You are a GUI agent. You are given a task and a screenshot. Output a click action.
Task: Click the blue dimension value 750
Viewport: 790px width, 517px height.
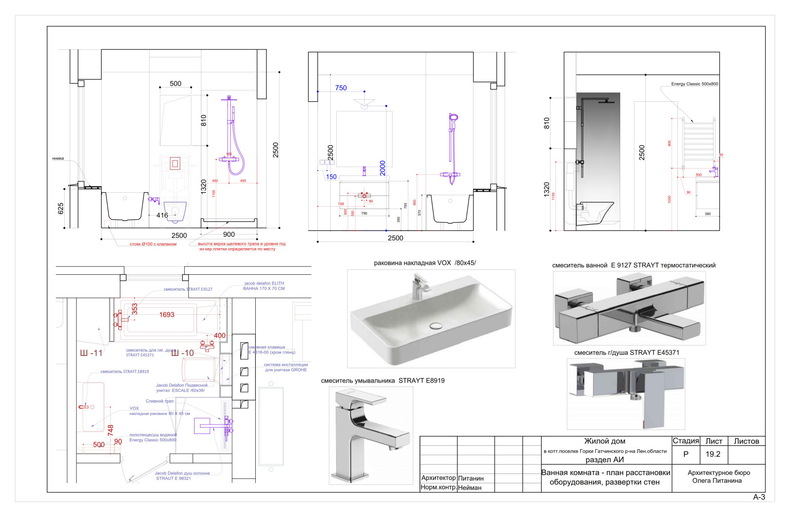341,88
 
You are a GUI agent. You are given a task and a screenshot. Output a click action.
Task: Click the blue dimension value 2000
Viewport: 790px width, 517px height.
383,168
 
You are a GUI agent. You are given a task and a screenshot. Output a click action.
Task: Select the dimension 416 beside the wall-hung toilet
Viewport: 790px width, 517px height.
162,215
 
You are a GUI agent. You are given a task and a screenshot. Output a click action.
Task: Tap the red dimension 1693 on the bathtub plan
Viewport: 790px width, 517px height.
166,314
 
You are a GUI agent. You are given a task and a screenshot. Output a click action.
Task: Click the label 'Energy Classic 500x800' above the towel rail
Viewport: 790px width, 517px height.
694,84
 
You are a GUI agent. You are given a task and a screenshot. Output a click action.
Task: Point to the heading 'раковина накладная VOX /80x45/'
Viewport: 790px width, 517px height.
425,263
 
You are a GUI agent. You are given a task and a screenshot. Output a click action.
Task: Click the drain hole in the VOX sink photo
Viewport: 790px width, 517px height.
436,325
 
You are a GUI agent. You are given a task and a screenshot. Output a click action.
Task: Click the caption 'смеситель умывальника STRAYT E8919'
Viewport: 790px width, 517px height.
383,381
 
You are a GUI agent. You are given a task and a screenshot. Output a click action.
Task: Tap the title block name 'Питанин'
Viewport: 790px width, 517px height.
471,478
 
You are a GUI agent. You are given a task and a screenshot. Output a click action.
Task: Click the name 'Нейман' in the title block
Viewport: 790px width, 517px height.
470,487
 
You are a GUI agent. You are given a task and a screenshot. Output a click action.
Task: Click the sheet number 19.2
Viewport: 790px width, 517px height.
712,454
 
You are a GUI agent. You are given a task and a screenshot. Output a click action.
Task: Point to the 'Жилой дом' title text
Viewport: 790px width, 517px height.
604,441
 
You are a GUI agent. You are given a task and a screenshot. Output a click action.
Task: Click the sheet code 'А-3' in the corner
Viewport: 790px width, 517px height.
759,497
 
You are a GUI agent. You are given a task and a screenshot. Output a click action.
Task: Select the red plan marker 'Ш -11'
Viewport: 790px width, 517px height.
91,353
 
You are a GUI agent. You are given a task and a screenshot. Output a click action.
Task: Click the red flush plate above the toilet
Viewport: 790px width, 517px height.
175,163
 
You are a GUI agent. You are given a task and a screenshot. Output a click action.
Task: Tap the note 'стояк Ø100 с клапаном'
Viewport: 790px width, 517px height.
153,244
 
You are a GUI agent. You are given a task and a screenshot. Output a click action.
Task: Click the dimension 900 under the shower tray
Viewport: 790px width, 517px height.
229,235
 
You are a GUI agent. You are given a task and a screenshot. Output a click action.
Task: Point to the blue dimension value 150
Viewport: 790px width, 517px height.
331,176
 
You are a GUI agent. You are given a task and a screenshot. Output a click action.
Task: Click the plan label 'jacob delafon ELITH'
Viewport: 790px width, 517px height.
264,283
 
